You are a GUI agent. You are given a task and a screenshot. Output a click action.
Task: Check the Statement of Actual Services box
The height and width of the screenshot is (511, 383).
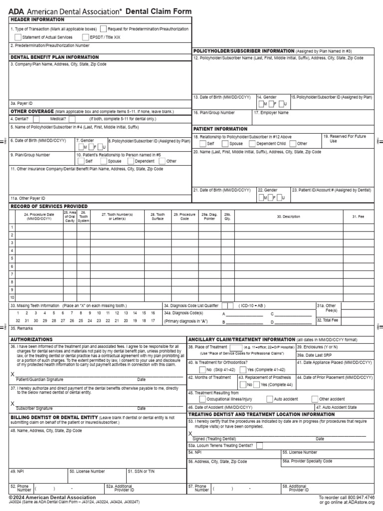tap(18, 37)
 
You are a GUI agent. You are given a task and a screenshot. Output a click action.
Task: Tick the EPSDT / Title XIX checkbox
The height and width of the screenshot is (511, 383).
tap(86, 37)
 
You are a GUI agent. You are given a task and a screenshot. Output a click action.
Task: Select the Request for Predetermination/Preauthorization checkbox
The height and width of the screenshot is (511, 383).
tap(103, 29)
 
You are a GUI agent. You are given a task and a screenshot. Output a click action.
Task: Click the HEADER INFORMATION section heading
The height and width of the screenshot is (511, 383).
tap(37, 19)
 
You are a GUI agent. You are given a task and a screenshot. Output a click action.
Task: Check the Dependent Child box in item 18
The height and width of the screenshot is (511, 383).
tap(252, 143)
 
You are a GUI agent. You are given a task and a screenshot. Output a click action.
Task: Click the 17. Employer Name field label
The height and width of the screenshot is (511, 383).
tap(271, 113)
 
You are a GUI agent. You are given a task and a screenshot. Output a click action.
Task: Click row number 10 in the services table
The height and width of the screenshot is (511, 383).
tap(12, 297)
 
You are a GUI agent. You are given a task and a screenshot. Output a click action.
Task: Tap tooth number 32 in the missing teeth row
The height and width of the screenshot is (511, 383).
tap(18, 320)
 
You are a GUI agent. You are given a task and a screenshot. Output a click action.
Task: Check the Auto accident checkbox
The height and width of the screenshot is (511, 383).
tap(270, 399)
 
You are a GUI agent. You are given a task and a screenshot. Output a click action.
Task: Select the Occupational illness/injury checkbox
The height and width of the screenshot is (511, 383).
tap(202, 399)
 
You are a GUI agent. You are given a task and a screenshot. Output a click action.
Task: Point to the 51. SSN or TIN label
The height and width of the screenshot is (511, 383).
tap(142, 471)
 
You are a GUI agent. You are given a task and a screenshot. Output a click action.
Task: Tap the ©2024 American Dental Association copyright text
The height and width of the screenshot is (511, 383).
tap(52, 498)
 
